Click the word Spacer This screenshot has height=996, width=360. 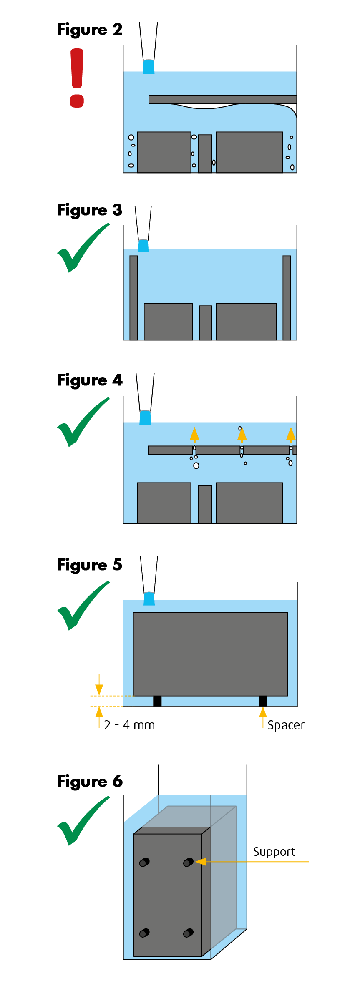pos(286,725)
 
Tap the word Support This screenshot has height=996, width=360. pos(274,851)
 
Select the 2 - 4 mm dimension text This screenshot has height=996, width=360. pos(129,725)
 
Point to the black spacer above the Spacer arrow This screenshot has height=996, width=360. pos(263,701)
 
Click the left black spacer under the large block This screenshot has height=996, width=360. pos(157,701)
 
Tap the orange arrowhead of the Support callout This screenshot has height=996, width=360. pos(200,861)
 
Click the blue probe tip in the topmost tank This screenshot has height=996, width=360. pos(149,67)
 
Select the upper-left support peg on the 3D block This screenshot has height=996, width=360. pos(144,862)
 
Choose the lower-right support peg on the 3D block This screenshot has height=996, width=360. pos(188,933)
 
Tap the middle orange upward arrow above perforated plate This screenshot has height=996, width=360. pos(242,435)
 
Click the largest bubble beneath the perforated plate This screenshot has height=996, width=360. pos(196,465)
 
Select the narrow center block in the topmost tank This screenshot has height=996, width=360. pos(205,153)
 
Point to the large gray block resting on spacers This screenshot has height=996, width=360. pos(210,654)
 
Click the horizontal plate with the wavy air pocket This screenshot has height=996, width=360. pos(222,99)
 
